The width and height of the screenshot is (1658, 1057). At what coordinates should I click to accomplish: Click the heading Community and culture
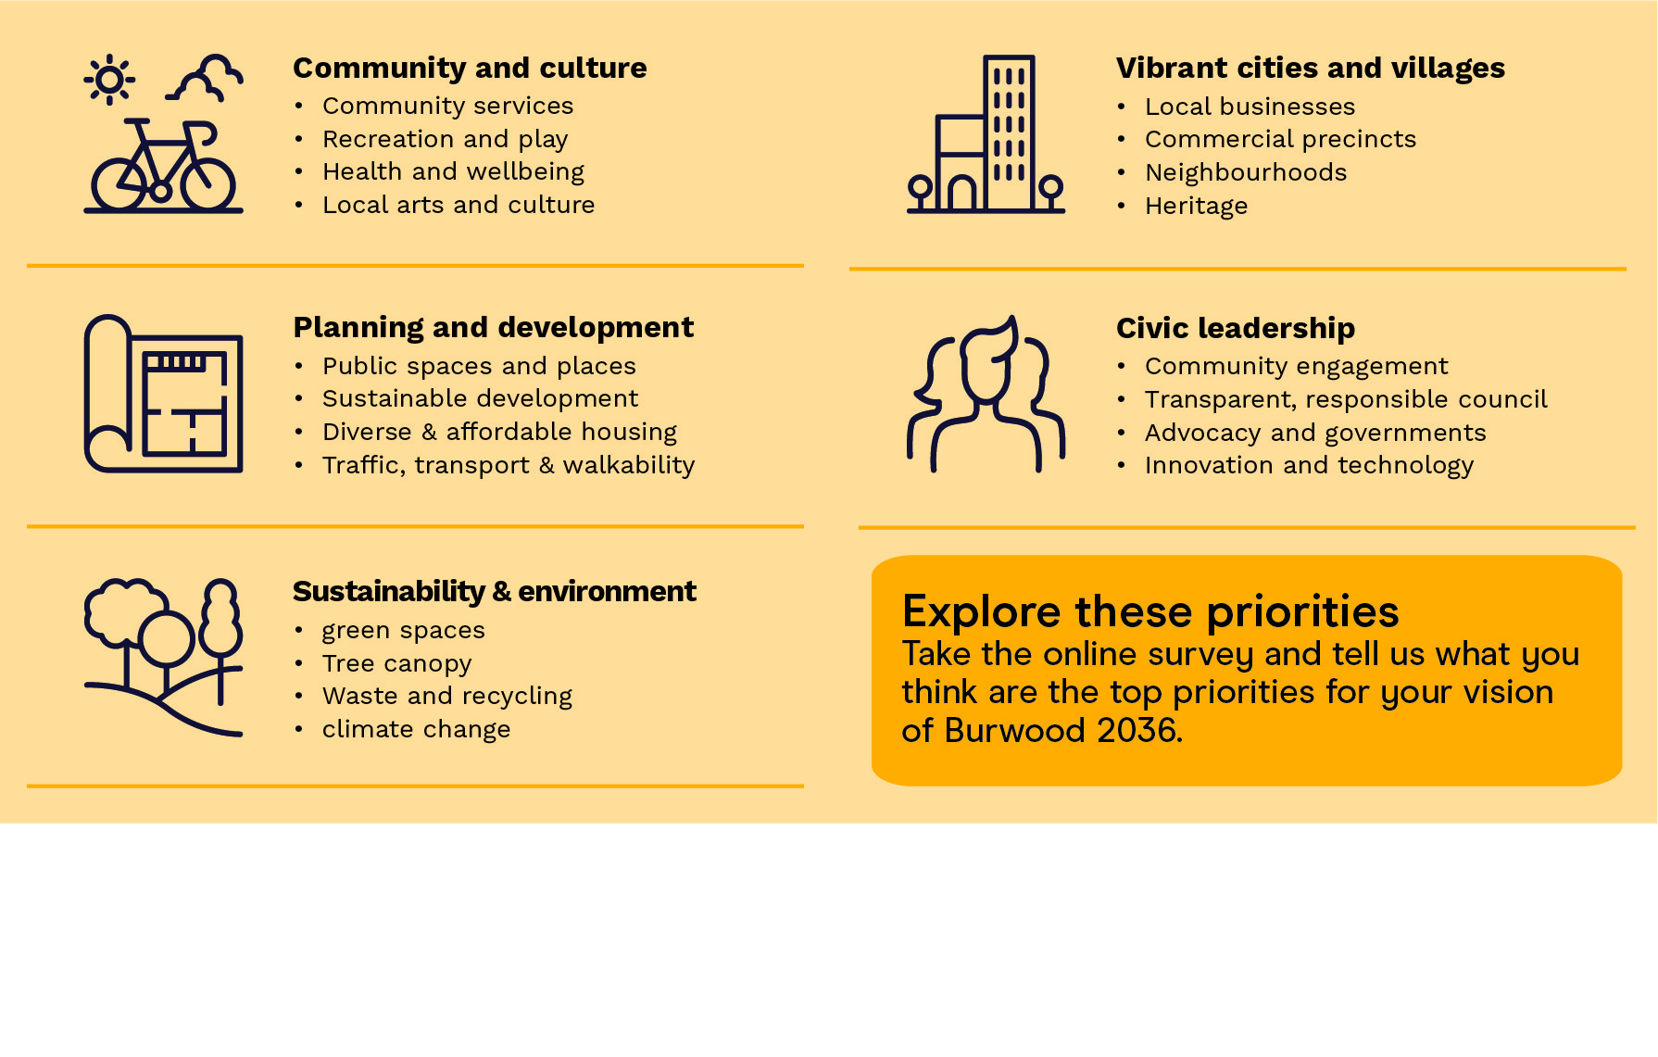[x=470, y=68]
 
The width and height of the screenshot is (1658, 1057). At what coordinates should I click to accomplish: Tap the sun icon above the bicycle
[x=109, y=80]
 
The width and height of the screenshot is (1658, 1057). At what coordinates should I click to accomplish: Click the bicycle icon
[x=164, y=166]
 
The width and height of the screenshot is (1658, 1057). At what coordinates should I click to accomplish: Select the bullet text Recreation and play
[x=445, y=139]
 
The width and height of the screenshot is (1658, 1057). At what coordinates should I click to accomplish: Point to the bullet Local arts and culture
[x=458, y=205]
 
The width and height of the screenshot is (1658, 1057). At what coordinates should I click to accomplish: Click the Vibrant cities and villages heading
[x=1311, y=68]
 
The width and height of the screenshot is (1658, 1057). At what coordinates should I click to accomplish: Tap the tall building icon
[x=986, y=134]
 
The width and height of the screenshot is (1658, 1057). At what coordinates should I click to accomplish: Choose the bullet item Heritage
[x=1196, y=206]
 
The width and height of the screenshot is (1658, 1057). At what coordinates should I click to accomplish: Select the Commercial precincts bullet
[x=1280, y=139]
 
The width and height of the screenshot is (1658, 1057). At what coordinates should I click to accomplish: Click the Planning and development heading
[x=493, y=327]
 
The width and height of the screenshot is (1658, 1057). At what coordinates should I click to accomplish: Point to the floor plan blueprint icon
[x=164, y=394]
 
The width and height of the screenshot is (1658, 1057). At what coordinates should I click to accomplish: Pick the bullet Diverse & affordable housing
[x=499, y=432]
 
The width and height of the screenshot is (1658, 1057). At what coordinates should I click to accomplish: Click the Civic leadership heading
[x=1236, y=328]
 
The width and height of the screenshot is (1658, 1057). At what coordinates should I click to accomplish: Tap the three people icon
[x=986, y=394]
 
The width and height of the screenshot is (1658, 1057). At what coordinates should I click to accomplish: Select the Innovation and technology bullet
[x=1309, y=465]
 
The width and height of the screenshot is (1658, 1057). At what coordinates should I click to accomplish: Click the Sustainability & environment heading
[x=495, y=591]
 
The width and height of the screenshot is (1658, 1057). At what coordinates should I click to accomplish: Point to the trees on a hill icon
[x=164, y=658]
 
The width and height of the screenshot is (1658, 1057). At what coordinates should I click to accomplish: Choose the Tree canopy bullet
[x=396, y=663]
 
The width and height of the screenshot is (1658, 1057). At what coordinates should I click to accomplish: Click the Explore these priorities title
[x=1150, y=611]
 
